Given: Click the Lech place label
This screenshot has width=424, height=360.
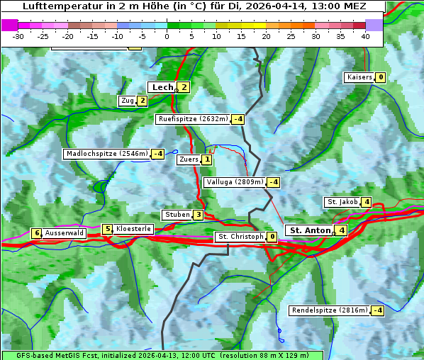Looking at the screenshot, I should [x=162, y=87].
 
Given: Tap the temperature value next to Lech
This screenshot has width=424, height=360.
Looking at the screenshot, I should [x=184, y=87].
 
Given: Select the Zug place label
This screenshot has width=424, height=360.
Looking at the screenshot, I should [x=128, y=101].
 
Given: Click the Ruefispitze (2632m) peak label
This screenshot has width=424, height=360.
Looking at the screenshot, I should [x=194, y=119].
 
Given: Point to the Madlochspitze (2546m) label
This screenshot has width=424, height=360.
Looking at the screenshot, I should [x=107, y=154].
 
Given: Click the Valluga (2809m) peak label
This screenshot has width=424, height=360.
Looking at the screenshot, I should [x=235, y=182].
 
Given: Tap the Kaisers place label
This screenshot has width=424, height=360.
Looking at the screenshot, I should [x=359, y=77].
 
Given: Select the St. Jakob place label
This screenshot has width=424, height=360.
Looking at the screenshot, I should [x=342, y=202].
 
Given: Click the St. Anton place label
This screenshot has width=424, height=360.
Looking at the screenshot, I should [x=310, y=230].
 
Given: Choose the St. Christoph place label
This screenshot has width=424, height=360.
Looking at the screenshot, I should [x=240, y=237].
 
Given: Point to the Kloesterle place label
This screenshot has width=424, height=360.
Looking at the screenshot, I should [x=133, y=229].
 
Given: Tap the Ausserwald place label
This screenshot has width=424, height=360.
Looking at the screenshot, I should [x=65, y=232].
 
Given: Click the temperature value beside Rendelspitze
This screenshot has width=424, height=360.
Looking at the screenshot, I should [x=378, y=310].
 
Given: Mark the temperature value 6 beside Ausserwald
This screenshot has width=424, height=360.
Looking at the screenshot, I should [x=37, y=233].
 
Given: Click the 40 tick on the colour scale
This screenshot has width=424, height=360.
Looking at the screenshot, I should [x=365, y=36].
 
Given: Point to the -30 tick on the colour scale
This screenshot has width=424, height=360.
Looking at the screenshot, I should [x=18, y=36].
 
